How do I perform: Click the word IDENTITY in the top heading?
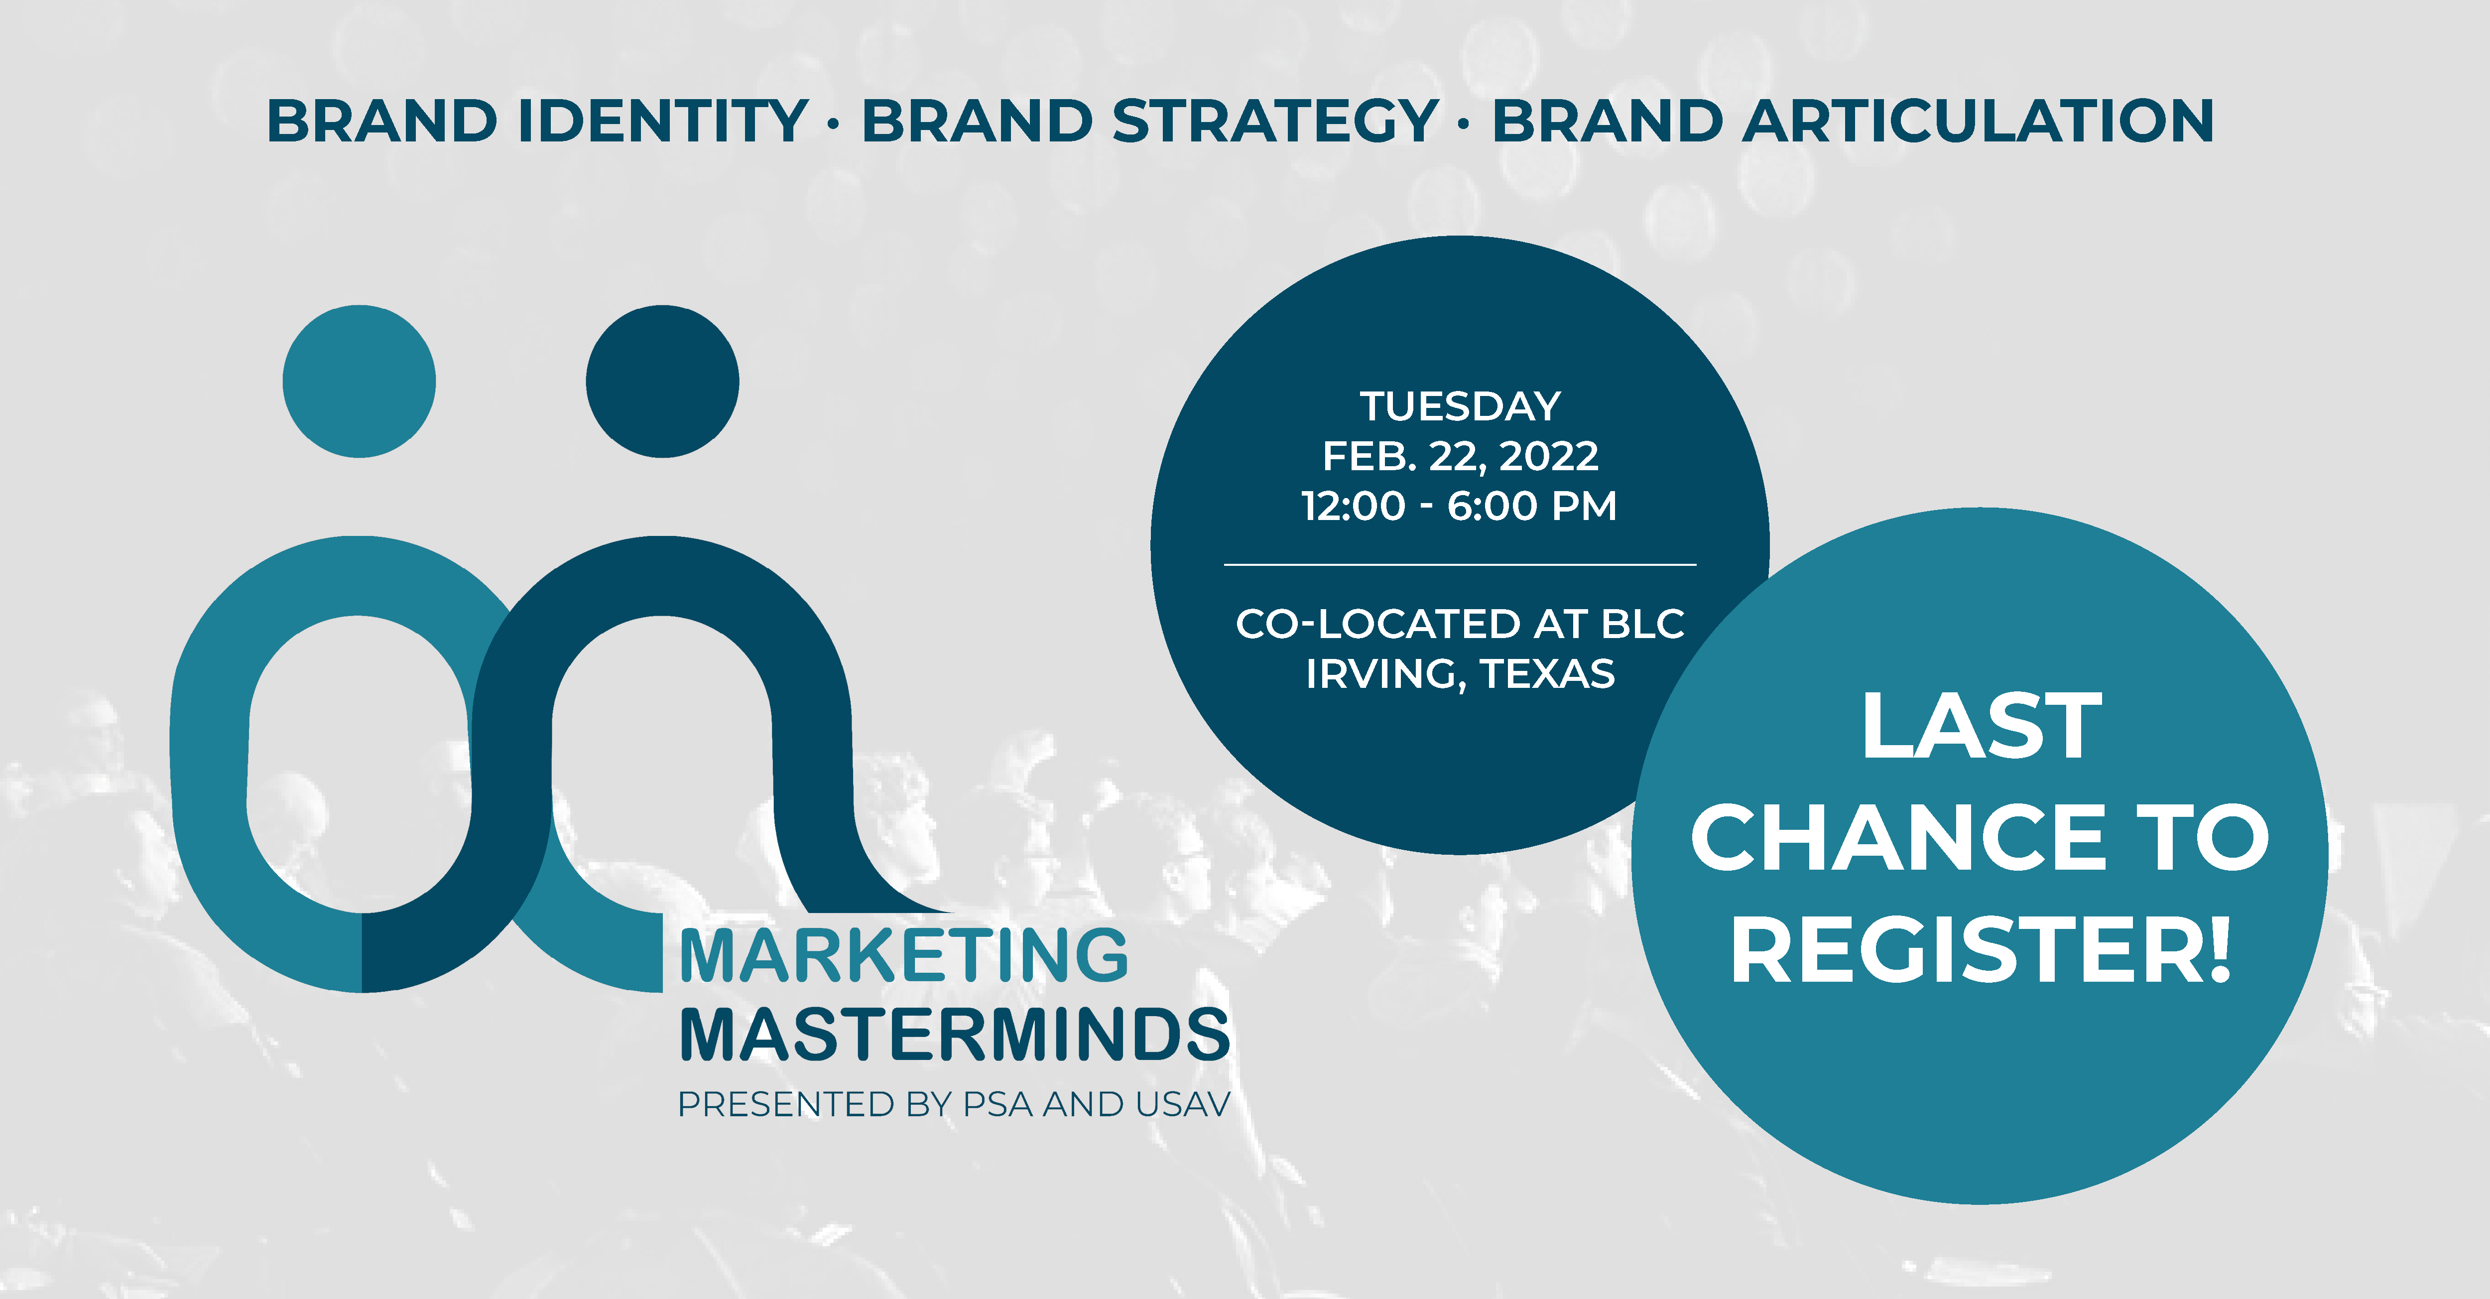663,121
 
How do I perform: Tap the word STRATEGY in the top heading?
1276,121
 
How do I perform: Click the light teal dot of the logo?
359,381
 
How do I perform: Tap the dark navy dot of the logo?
662,381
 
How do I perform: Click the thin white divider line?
1460,563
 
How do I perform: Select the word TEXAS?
1548,674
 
